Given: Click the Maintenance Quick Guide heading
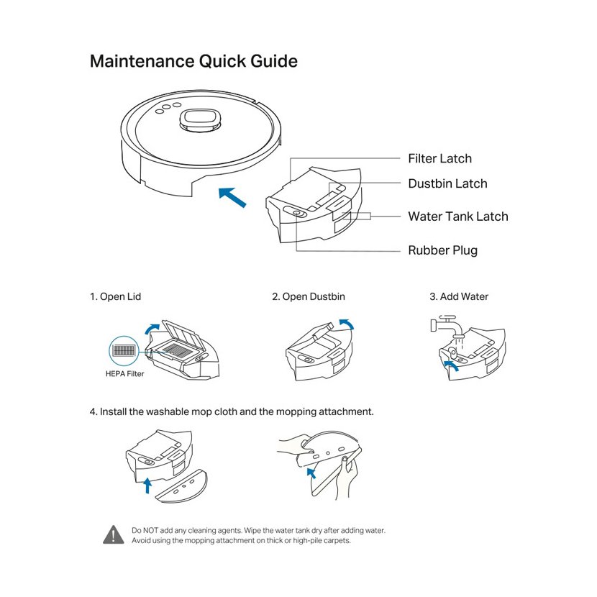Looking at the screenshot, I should click(x=193, y=61).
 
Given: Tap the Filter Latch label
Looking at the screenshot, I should click(x=439, y=159).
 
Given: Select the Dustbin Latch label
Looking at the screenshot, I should click(x=447, y=184).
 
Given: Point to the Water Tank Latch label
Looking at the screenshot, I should click(x=457, y=217).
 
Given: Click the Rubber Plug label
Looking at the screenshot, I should click(x=442, y=251).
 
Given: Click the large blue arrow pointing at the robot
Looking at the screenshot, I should click(x=232, y=196).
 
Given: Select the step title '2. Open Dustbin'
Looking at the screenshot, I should click(x=309, y=296).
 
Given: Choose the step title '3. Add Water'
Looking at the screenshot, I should click(x=459, y=296).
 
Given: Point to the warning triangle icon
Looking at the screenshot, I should click(x=114, y=534).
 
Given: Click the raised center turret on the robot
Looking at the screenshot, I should click(x=199, y=119).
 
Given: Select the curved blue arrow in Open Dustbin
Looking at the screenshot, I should click(x=346, y=324).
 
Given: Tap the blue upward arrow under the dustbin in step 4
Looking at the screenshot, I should click(x=148, y=484).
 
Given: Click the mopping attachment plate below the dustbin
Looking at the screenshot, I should click(x=183, y=488).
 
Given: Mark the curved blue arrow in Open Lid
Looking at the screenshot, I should click(x=152, y=328).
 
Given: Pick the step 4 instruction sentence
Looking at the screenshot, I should click(x=232, y=412).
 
